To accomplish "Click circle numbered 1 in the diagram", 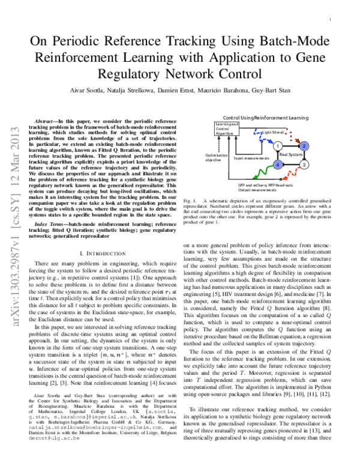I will (277, 146).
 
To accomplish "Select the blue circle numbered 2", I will (304, 146).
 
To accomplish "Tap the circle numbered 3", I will (304, 164).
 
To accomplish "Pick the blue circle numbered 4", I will (277, 164).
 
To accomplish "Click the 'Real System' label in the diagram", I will (290, 155).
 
